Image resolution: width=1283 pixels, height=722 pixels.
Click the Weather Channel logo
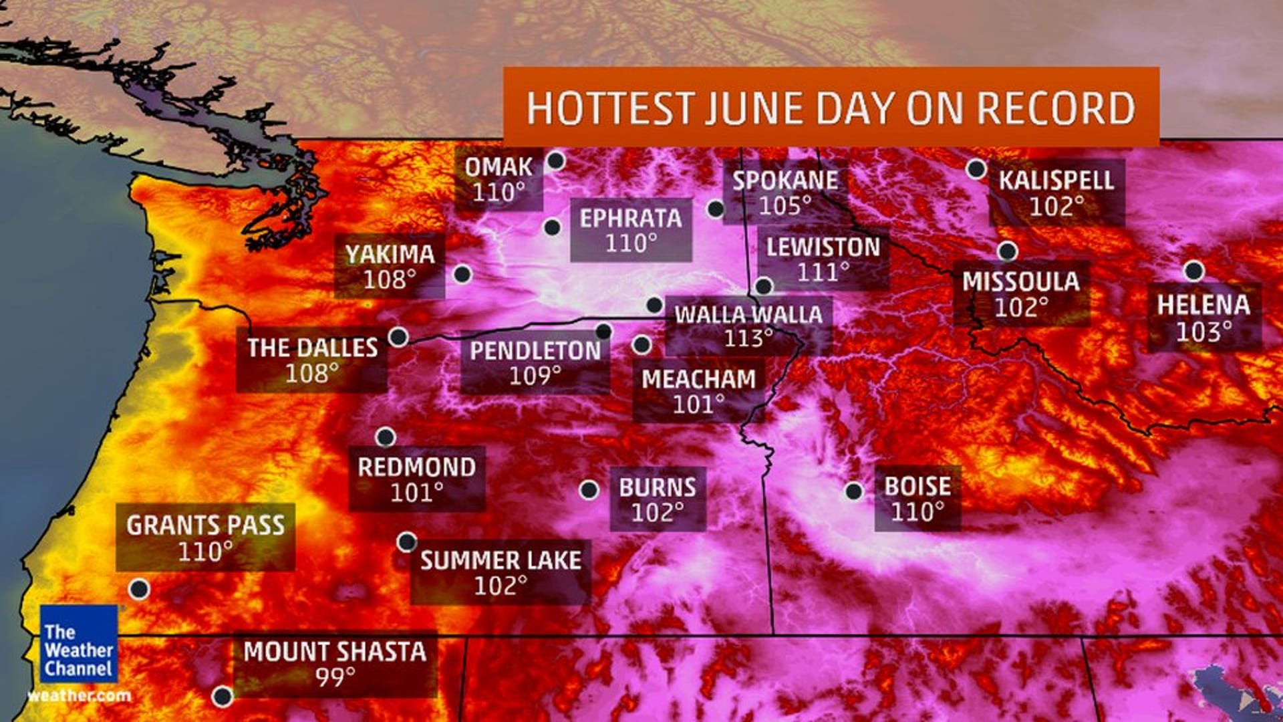click(79, 644)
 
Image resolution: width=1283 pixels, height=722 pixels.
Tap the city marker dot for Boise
click(853, 491)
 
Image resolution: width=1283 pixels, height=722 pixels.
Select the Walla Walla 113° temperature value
click(748, 338)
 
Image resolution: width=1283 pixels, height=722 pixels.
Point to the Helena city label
click(1203, 305)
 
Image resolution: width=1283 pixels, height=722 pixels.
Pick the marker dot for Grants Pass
click(139, 589)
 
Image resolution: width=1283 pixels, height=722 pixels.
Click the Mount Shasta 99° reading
click(335, 677)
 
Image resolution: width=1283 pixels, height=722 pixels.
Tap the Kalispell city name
click(1056, 180)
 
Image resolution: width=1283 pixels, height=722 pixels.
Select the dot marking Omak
click(555, 160)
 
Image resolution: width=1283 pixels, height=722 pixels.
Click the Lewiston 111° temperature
click(823, 272)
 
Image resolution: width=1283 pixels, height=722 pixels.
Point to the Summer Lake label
click(501, 560)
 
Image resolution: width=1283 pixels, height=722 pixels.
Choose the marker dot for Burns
click(589, 490)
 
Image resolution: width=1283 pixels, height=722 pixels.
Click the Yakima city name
click(390, 255)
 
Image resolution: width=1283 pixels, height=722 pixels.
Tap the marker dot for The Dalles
click(398, 337)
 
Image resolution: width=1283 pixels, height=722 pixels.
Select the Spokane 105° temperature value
click(785, 206)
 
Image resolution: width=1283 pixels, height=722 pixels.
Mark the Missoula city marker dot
click(1008, 251)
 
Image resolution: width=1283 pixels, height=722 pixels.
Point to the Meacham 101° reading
click(698, 404)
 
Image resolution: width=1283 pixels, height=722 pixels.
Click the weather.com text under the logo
click(79, 696)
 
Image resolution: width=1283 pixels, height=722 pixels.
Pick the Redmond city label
click(416, 467)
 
